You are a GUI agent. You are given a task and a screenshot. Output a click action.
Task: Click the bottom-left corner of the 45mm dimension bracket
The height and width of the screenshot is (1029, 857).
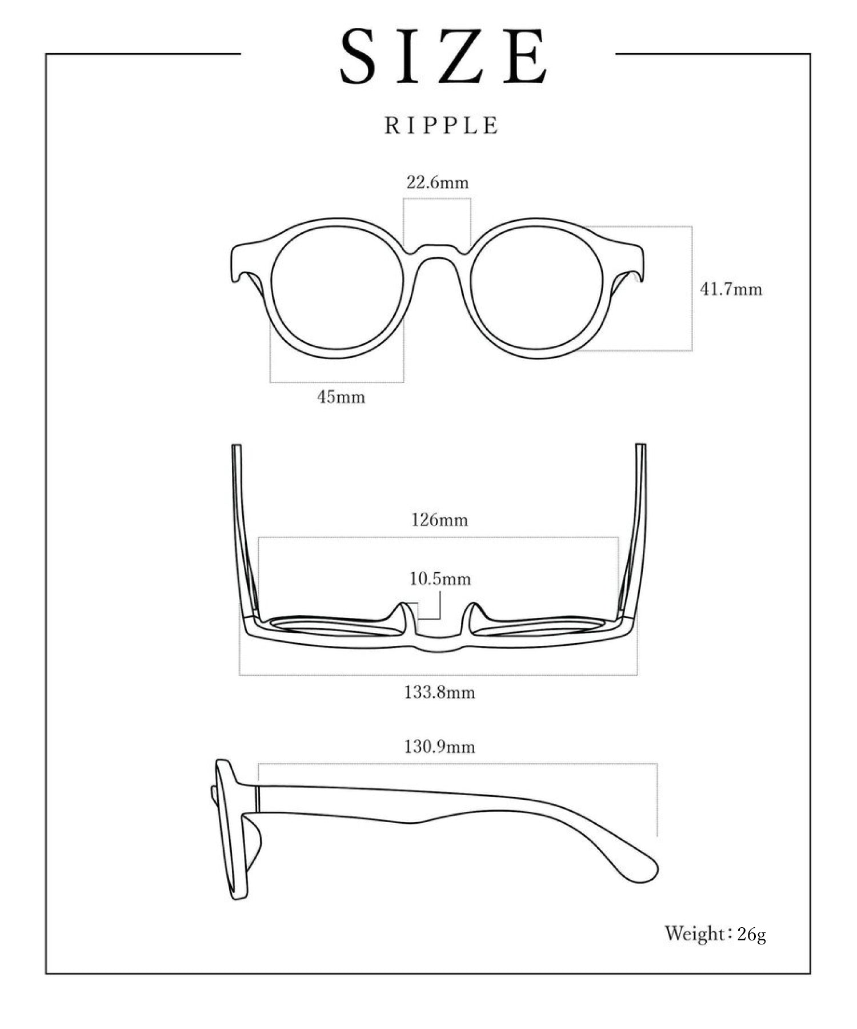point(270,382)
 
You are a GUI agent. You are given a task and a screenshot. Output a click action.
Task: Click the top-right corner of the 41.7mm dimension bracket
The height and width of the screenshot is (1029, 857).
point(692,226)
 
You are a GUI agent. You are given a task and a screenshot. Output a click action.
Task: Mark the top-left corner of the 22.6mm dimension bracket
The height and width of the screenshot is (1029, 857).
point(404,198)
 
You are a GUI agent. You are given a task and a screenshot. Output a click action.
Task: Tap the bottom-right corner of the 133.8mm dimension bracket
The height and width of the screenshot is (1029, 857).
point(637,675)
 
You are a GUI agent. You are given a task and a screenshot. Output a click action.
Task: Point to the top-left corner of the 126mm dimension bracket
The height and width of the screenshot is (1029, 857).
point(259,537)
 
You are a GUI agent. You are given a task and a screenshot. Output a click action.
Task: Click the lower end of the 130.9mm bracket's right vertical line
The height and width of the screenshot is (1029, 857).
point(657,836)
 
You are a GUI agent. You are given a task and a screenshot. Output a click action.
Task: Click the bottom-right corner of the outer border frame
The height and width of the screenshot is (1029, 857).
point(810,974)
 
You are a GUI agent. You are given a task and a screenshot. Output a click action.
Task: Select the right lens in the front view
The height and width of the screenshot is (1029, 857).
point(538,288)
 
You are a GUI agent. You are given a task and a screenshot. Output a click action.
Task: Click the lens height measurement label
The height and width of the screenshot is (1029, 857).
point(731,289)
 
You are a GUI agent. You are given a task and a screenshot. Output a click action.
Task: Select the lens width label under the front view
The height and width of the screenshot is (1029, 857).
point(341,397)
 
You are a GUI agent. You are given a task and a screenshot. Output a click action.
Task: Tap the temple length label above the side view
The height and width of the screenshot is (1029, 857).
point(440,747)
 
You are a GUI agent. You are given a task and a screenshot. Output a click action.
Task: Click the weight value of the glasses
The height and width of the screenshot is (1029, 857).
point(752,935)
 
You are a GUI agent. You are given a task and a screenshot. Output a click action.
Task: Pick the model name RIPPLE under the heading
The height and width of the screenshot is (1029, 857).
point(442,125)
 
